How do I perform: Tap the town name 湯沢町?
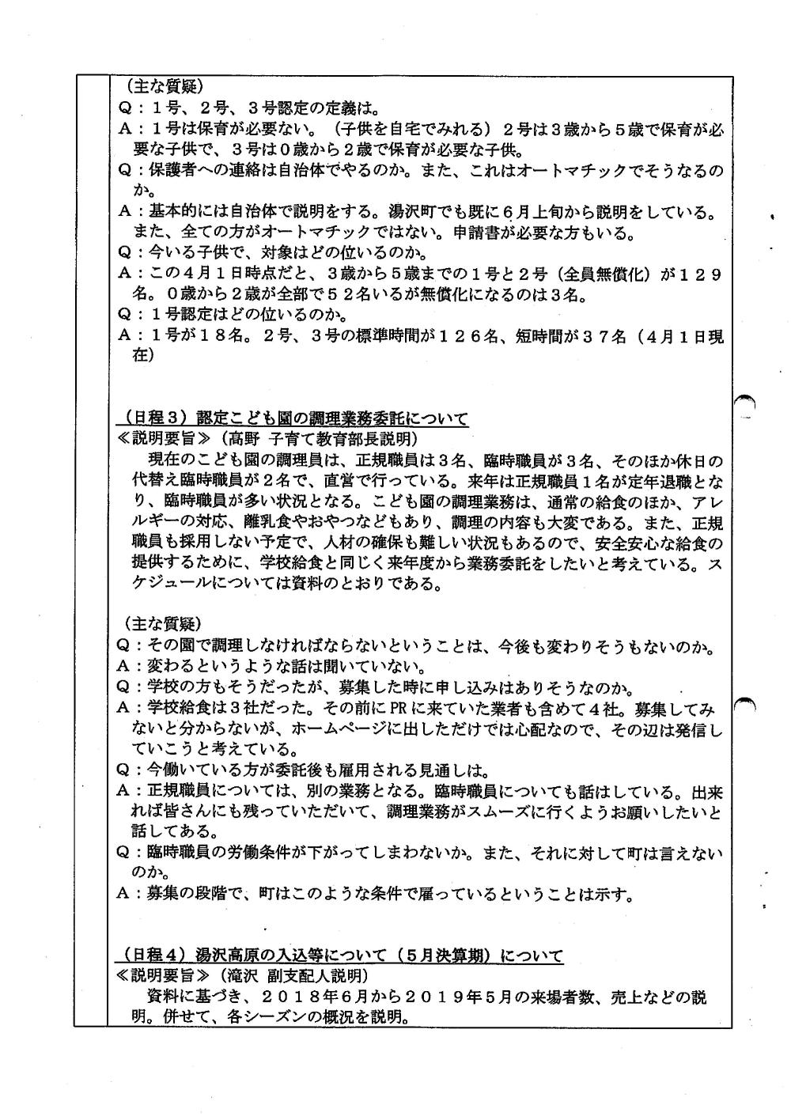[407, 213]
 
